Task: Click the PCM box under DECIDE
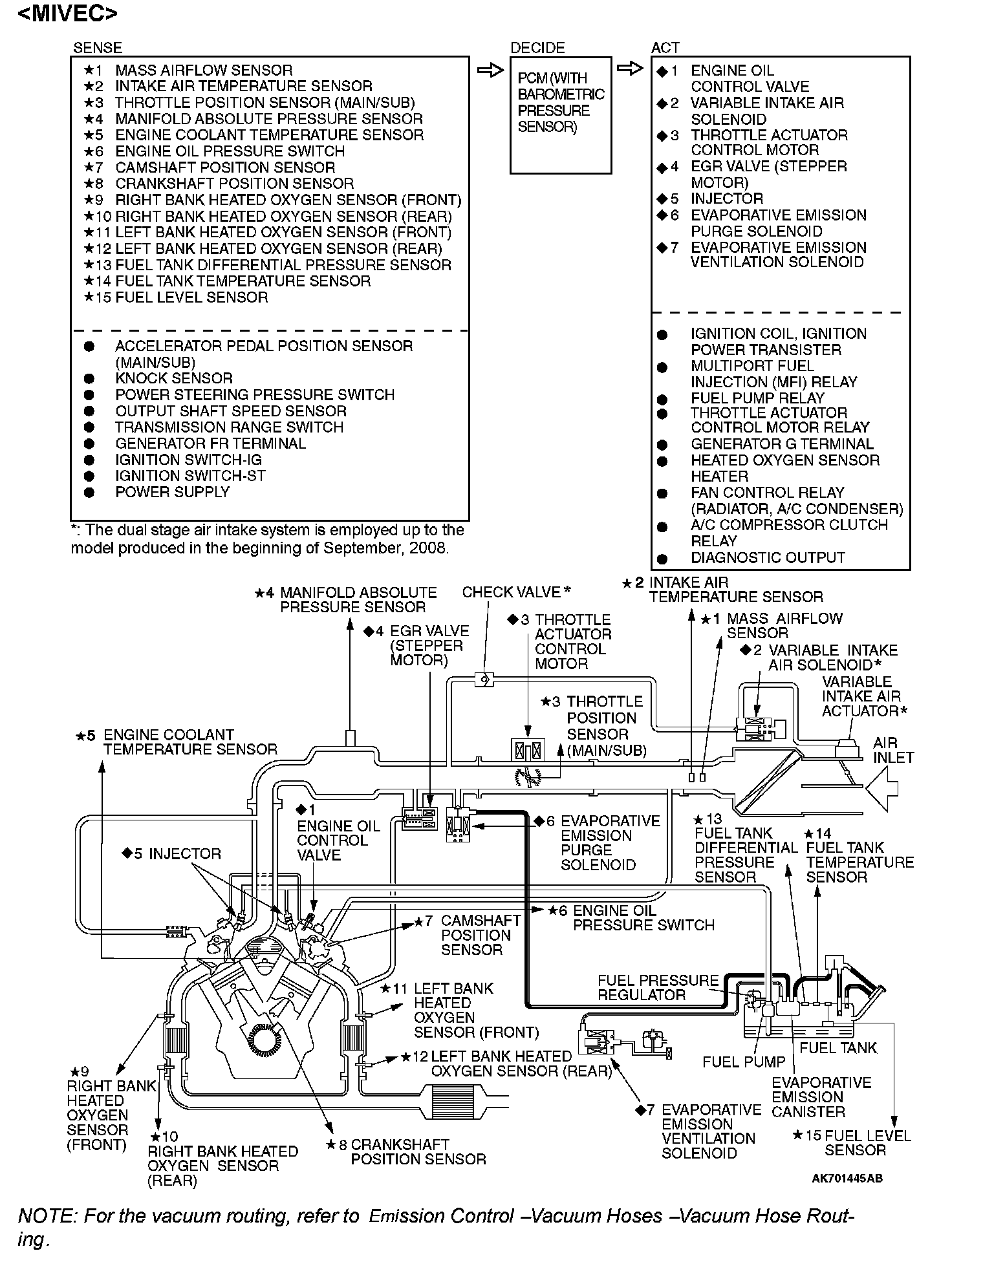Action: tap(560, 115)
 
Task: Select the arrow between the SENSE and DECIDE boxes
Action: tap(490, 70)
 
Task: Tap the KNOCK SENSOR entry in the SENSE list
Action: tap(173, 378)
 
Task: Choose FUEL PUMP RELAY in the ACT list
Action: tap(757, 398)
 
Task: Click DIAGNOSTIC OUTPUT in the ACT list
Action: tap(768, 557)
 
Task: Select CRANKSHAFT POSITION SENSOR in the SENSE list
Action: tap(234, 184)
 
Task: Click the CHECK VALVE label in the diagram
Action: tap(511, 592)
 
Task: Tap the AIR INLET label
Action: tap(893, 750)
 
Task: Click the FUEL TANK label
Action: tap(838, 1048)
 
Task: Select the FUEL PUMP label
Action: tap(744, 1062)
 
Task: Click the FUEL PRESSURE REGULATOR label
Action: tap(657, 987)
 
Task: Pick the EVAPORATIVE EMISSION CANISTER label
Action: tap(821, 1096)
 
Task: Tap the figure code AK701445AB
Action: tap(847, 1178)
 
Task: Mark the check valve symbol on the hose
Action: tap(484, 679)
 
